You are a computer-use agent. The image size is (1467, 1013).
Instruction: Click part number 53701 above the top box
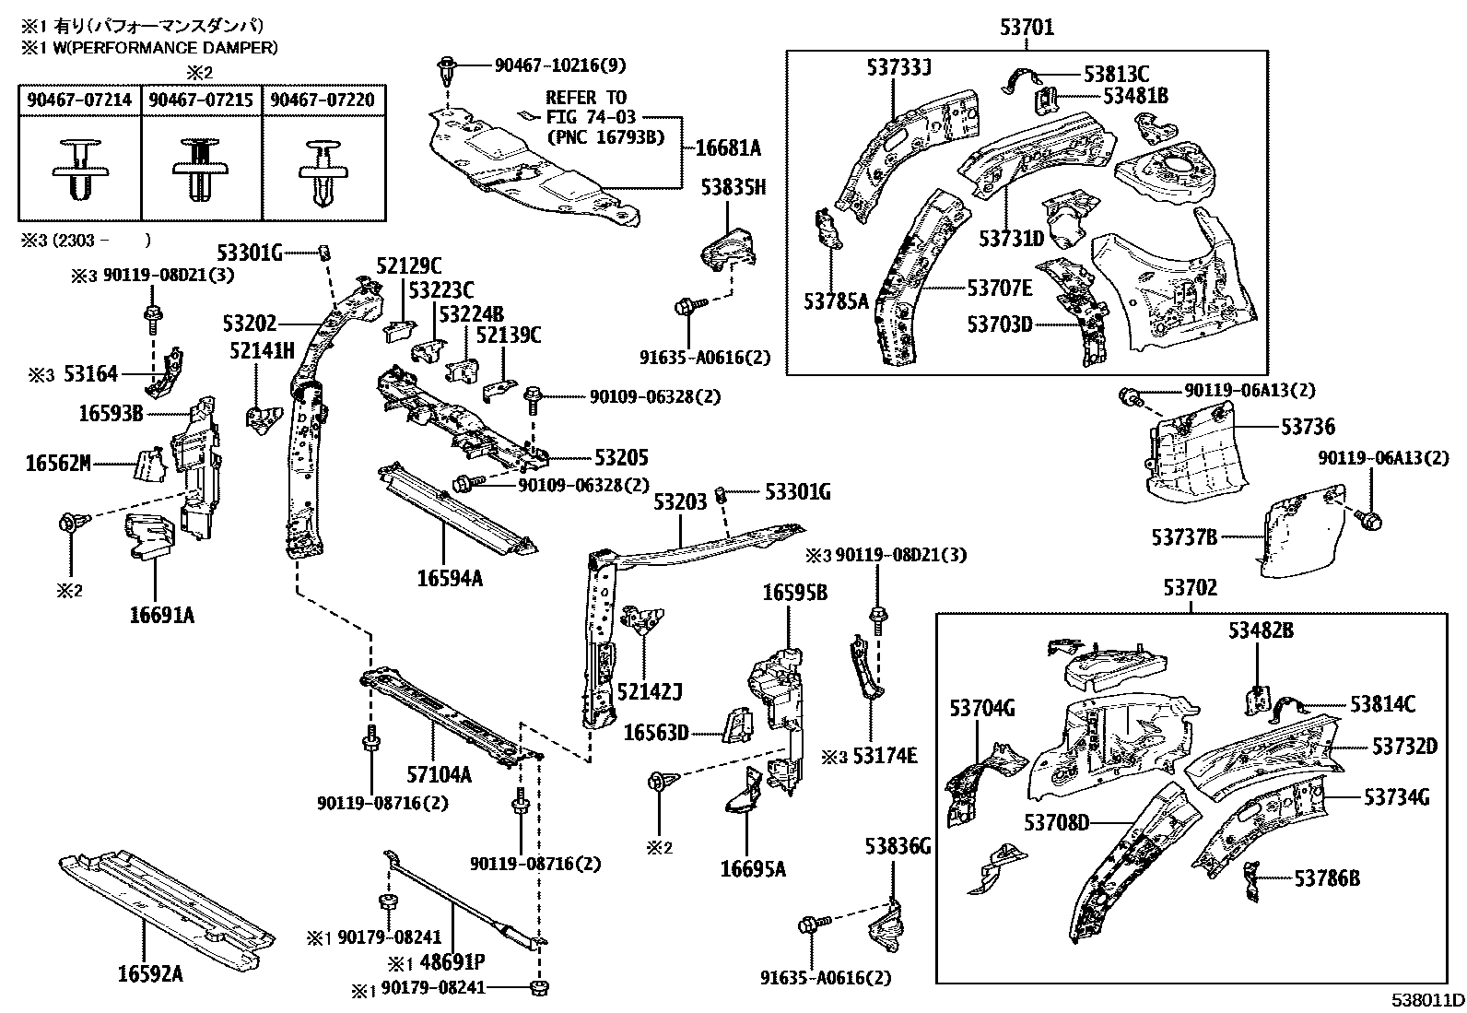click(1027, 29)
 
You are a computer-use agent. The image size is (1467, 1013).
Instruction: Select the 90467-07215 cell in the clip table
click(201, 100)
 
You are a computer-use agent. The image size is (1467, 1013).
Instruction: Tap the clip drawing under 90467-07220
click(323, 173)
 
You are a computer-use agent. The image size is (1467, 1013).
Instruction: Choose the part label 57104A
click(440, 775)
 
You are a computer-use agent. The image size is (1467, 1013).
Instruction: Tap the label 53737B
click(1184, 536)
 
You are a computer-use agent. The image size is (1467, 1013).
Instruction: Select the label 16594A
click(450, 578)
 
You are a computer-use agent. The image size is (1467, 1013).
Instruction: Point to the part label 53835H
click(733, 188)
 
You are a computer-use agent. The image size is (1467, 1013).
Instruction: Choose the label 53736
click(1308, 428)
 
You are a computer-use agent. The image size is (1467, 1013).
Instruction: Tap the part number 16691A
click(162, 615)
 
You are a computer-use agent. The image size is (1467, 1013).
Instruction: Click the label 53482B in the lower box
click(1261, 630)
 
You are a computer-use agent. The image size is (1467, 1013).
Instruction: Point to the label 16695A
click(754, 868)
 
